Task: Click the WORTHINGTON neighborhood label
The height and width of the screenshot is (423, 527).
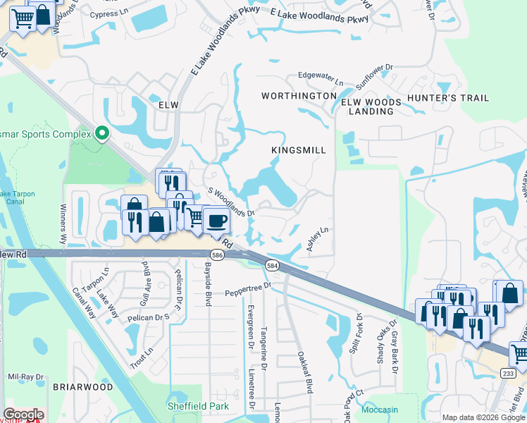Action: (299, 95)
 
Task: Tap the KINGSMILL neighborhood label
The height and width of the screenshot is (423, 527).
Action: (299, 150)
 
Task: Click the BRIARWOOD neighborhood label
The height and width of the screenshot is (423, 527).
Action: (82, 387)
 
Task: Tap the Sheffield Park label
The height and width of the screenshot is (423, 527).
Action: (193, 405)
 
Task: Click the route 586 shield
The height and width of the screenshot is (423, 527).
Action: (220, 255)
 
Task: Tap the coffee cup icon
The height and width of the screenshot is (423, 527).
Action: (216, 221)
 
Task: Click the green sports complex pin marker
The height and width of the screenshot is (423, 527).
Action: (102, 133)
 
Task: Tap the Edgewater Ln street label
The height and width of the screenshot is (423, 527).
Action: (320, 75)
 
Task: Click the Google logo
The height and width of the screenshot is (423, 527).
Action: (23, 415)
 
